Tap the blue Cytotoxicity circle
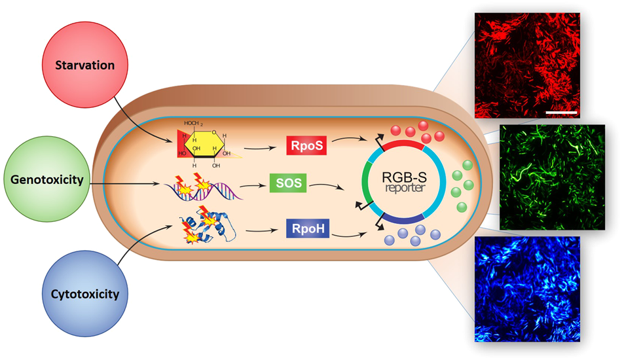pos(85,293)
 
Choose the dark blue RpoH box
pos(306,229)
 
